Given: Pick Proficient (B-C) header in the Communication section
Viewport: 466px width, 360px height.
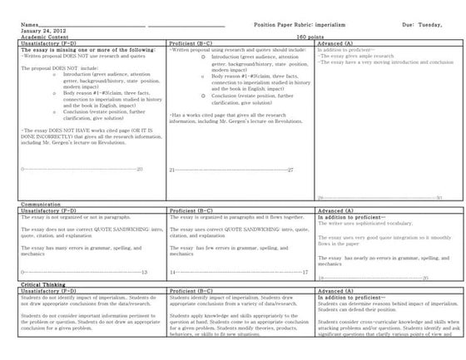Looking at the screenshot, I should pyautogui.click(x=191, y=210).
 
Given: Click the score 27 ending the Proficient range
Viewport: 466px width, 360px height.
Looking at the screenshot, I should pyautogui.click(x=290, y=169).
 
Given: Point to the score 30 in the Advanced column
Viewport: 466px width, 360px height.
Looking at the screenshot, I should pyautogui.click(x=439, y=197).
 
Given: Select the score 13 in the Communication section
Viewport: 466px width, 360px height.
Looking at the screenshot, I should pyautogui.click(x=145, y=271).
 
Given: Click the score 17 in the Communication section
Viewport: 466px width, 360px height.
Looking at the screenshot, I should pyautogui.click(x=305, y=271).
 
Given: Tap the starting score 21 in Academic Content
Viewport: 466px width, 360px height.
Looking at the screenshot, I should pyautogui.click(x=171, y=169).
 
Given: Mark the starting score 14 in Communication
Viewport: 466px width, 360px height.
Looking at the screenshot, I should pyautogui.click(x=172, y=271).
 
